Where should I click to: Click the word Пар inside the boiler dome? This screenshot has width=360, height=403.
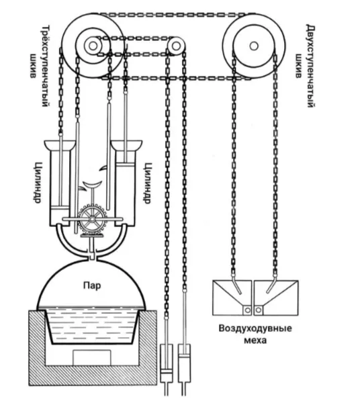92,285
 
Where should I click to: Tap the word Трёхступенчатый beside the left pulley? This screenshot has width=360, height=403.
44,66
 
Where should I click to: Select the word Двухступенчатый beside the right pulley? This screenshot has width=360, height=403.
311,66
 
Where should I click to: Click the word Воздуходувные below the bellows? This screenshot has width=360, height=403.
255,328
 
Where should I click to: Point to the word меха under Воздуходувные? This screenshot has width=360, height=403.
255,341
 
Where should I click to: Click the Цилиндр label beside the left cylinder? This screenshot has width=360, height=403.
38,183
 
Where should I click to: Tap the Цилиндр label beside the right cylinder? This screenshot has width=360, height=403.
146,183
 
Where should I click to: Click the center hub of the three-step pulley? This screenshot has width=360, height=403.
93,46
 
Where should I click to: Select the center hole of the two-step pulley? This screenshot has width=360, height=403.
254,46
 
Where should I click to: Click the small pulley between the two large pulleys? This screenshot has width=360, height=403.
176,46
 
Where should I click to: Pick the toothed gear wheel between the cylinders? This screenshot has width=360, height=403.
92,219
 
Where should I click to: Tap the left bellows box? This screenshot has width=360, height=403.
232,298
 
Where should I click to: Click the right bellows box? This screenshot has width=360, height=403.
276,298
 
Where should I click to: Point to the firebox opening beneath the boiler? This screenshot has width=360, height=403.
92,357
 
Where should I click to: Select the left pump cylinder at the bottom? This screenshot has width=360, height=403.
167,363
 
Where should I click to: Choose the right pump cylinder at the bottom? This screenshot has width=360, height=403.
184,363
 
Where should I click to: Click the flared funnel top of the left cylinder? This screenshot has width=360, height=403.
60,144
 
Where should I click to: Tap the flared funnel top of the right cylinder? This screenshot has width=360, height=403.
126,144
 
